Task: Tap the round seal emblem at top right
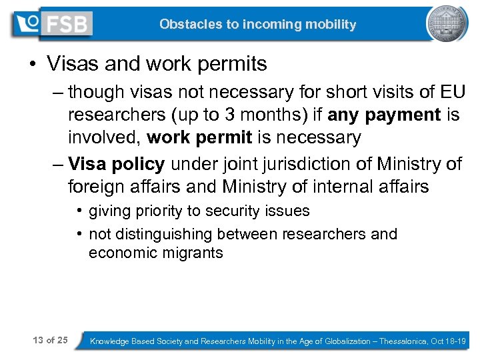click(x=447, y=25)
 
